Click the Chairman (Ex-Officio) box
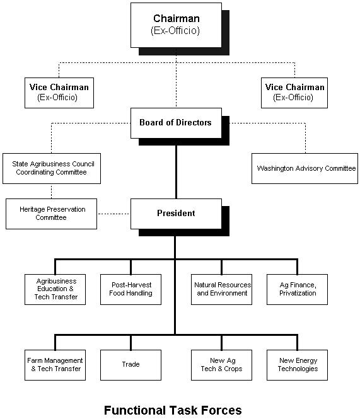(x=176, y=25)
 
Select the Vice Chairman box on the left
(x=59, y=93)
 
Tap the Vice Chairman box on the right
(x=294, y=93)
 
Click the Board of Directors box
(x=176, y=123)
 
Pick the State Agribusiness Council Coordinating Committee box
(x=52, y=168)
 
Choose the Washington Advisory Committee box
(x=305, y=168)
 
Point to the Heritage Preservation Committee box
(x=51, y=214)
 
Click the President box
(x=176, y=214)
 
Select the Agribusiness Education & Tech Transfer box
(x=55, y=289)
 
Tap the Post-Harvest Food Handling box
(x=131, y=289)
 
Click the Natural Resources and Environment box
(x=221, y=289)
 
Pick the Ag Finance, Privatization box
(x=297, y=289)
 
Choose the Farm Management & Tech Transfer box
(x=55, y=365)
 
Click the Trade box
(x=131, y=365)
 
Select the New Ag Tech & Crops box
(x=221, y=365)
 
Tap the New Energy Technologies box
(x=297, y=365)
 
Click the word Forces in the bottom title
(x=221, y=410)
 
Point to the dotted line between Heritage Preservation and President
(x=113, y=214)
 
